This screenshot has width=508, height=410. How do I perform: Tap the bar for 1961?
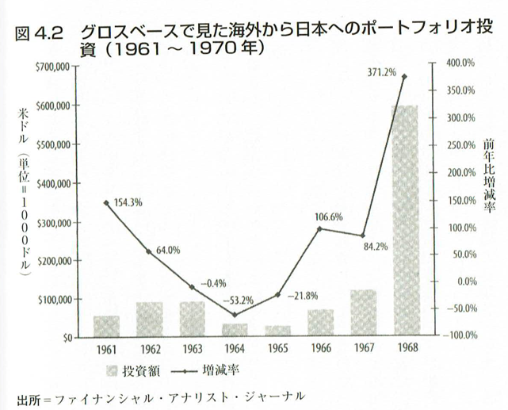106,326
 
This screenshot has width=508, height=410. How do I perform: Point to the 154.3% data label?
128,202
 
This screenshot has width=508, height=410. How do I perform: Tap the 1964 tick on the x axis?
234,349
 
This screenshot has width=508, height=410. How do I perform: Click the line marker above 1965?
277,295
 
